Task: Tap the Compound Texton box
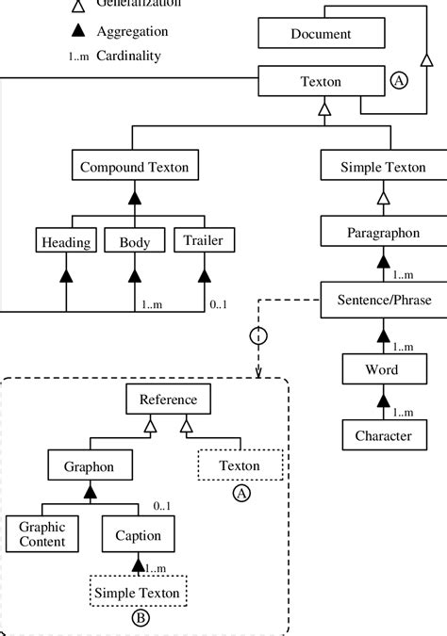[134, 168]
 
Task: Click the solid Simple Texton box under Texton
[382, 168]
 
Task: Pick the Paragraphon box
[382, 231]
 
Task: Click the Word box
[382, 369]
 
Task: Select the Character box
[382, 435]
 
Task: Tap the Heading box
[66, 242]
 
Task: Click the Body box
[134, 242]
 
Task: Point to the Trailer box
[203, 242]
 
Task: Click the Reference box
[168, 400]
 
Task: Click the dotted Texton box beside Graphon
[240, 465]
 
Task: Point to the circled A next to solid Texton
[399, 82]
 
